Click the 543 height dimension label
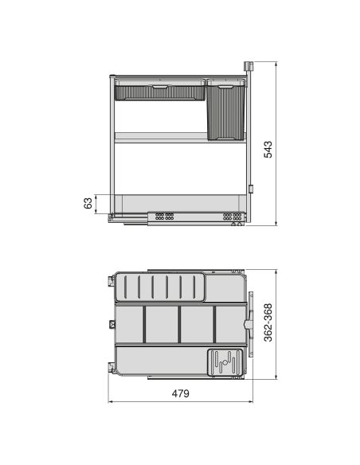(268, 149)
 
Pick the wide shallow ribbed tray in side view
(159, 91)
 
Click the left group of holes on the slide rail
(164, 216)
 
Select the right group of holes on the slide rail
(230, 216)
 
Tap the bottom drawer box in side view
(179, 202)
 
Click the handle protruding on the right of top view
(252, 325)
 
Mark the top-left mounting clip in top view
(109, 282)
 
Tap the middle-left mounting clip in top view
(109, 323)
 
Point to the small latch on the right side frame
(250, 190)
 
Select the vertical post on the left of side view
(109, 143)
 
